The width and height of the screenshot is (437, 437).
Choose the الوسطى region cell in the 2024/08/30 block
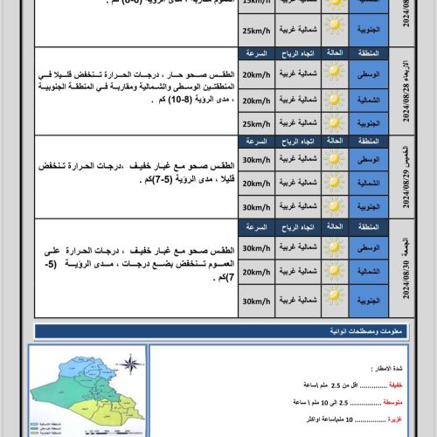(x=368, y=249)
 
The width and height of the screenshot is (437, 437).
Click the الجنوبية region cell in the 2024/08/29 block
(x=368, y=206)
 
